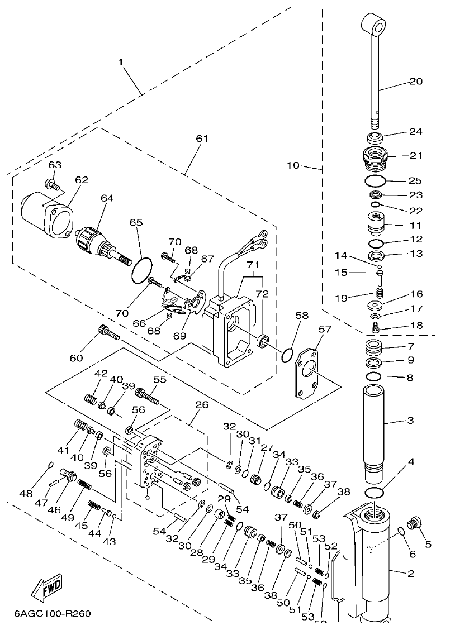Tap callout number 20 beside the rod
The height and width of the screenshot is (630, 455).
coord(416,81)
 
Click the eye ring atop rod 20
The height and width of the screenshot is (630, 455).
coord(374,25)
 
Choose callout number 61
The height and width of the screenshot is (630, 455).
coord(201,138)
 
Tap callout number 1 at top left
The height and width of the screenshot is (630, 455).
coord(121,62)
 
